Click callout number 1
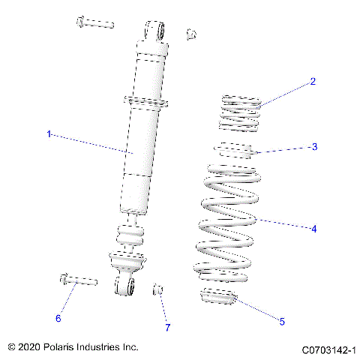pyautogui.click(x=49, y=134)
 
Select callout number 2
pyautogui.click(x=313, y=82)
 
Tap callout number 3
pyautogui.click(x=315, y=146)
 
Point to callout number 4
pyautogui.click(x=313, y=229)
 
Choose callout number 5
pyautogui.click(x=282, y=322)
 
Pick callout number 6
pyautogui.click(x=58, y=319)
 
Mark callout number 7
pyautogui.click(x=168, y=328)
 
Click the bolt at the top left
pyautogui.click(x=94, y=23)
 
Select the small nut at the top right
pyautogui.click(x=191, y=33)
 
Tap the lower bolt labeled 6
pyautogui.click(x=76, y=281)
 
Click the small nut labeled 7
pyautogui.click(x=159, y=289)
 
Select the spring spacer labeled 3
pyautogui.click(x=235, y=151)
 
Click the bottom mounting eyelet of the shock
pyautogui.click(x=125, y=286)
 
